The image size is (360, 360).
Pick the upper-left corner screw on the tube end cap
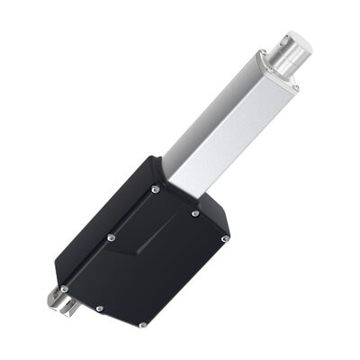point(262,56)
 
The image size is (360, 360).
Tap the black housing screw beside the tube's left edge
point(156,189)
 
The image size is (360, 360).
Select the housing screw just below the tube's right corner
point(195,213)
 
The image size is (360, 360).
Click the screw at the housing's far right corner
point(226,238)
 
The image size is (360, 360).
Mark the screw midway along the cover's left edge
point(110,238)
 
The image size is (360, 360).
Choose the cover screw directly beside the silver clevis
point(64,288)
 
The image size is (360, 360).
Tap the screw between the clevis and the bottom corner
point(99,309)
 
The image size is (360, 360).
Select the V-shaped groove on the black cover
point(148,243)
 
